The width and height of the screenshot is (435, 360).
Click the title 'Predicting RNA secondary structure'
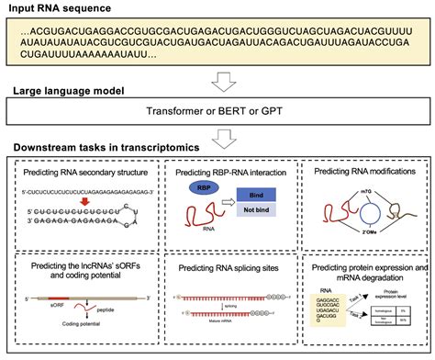80,171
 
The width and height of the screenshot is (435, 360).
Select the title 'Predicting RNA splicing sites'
218,266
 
